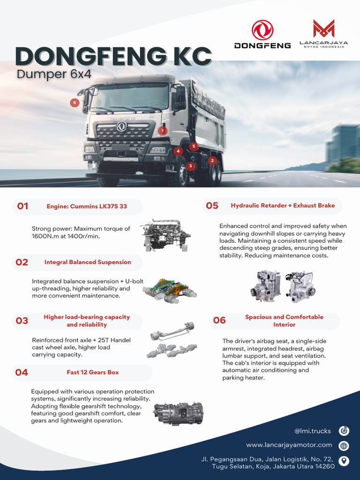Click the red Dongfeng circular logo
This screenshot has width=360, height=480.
pos(262,30)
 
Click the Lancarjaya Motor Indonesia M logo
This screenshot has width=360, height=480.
pos(323,29)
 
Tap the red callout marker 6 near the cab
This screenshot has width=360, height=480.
pos(74,103)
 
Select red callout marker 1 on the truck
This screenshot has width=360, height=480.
pos(162,131)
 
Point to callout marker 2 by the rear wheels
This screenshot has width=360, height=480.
pos(212,160)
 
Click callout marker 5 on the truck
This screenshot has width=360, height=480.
pos(194,146)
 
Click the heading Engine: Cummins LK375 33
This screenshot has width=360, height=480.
pos(87,206)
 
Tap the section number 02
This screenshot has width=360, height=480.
pos(22,262)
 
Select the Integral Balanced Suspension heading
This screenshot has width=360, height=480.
pos(88,262)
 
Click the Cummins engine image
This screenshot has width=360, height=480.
pos(165,235)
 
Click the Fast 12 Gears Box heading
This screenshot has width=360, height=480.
pos(93,372)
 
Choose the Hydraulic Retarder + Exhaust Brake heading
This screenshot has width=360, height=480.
pos(283,205)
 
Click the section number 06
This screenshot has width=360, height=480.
pos(219,321)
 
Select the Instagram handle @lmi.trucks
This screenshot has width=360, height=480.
pos(313,431)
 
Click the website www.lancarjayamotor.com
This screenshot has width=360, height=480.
pos(289,445)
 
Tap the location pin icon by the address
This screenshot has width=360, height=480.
pos(344,461)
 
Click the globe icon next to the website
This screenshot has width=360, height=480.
pos(344,445)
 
